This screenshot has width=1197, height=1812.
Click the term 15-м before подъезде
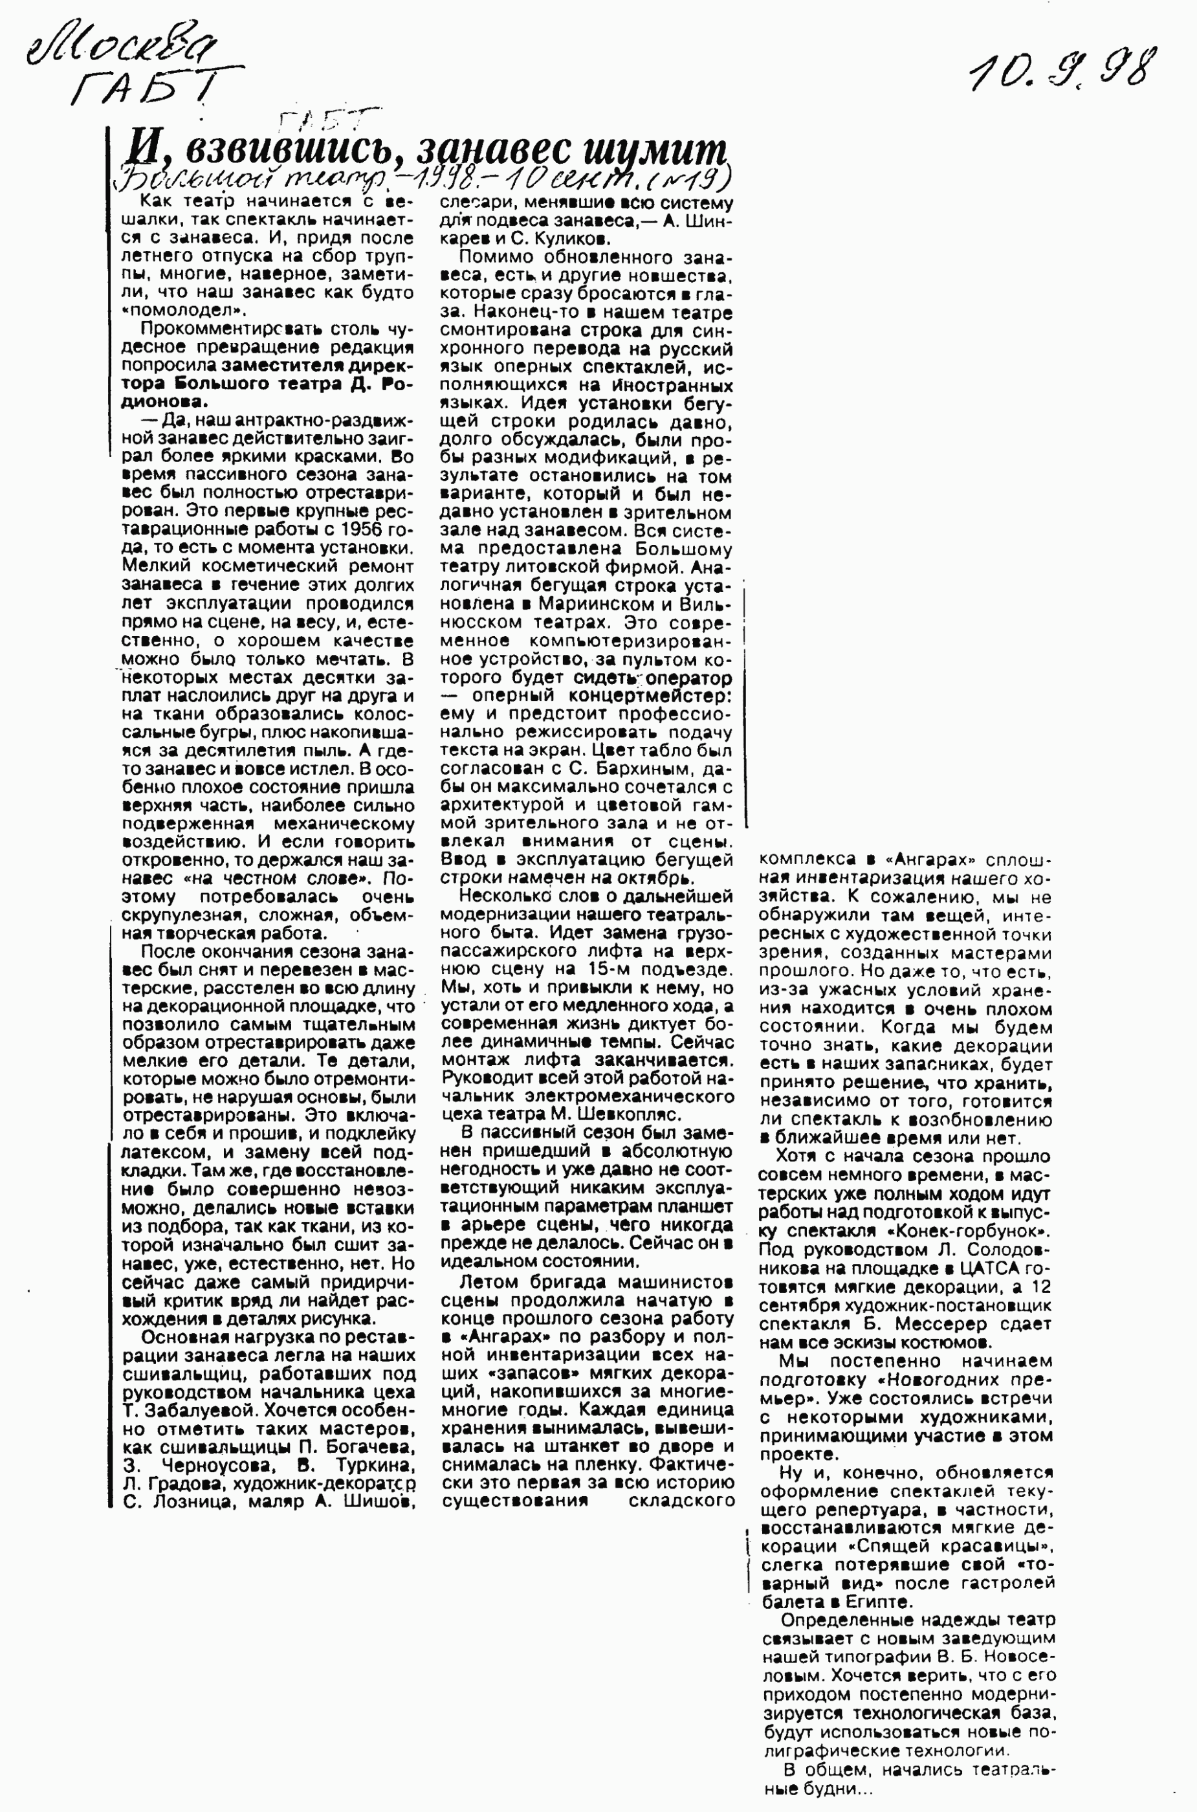pyautogui.click(x=611, y=968)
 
